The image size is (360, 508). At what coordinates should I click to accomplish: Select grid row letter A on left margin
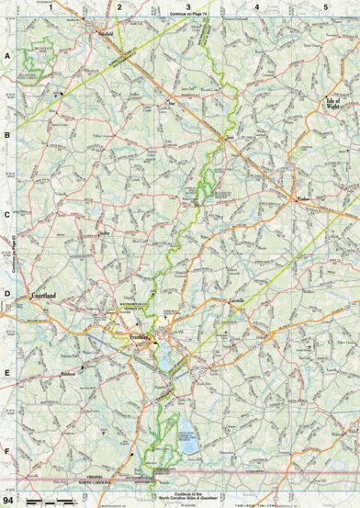click(x=7, y=56)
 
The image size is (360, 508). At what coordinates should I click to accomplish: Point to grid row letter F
click(x=7, y=450)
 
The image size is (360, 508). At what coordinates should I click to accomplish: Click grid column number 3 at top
click(x=188, y=6)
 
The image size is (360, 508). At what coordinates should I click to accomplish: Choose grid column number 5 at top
click(x=325, y=6)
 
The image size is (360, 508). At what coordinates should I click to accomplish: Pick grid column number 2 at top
click(x=119, y=6)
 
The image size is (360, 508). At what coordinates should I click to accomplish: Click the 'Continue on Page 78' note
click(x=190, y=16)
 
